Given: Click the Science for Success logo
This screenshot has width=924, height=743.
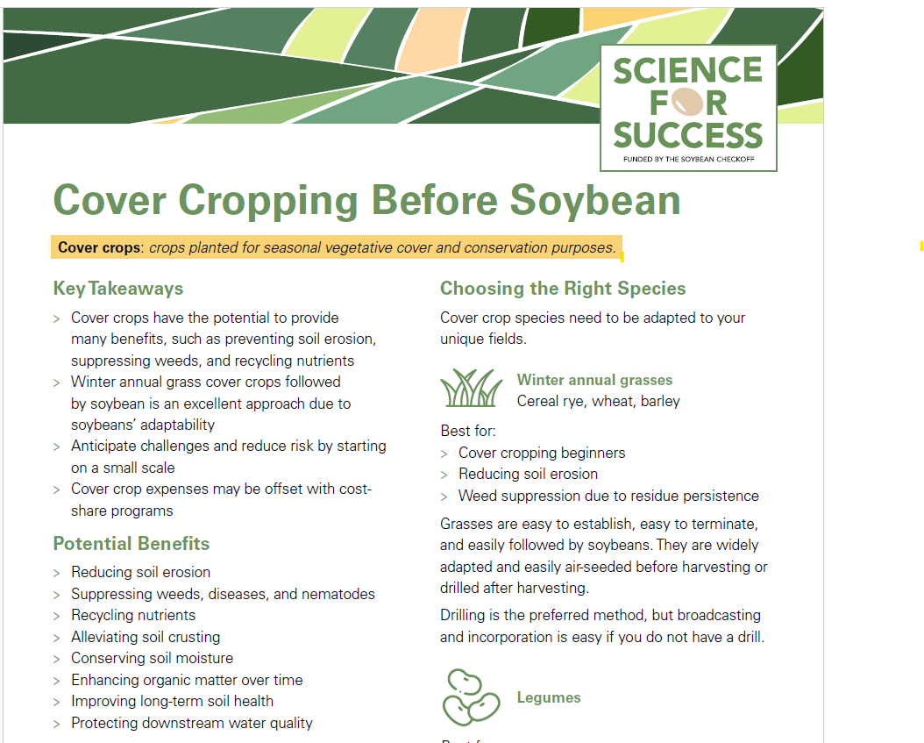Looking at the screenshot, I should tap(688, 106).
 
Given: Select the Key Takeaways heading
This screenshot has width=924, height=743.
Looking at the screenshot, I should tap(118, 289).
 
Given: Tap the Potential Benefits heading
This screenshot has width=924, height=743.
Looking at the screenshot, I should tap(131, 543).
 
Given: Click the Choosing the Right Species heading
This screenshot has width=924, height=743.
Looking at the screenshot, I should tap(563, 289).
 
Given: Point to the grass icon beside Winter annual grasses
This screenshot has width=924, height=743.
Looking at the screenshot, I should tap(471, 389).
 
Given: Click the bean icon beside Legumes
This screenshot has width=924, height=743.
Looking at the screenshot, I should tap(470, 697).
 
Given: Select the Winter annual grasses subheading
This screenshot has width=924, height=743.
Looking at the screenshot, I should tap(594, 380).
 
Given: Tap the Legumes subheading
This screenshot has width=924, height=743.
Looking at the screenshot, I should tap(549, 697).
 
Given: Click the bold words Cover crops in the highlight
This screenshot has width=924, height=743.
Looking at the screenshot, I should tap(99, 247).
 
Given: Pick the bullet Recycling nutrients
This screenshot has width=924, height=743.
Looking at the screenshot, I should tap(133, 615).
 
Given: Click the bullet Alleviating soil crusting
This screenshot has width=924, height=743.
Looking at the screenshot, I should tap(146, 637).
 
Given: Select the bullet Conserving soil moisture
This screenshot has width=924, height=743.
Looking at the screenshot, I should tap(152, 658).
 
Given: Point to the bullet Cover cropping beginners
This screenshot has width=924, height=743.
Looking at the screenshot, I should tap(542, 453).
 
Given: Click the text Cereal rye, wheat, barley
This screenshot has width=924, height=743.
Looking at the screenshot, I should tap(598, 401).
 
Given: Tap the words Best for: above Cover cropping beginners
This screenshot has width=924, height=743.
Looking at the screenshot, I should tap(468, 431).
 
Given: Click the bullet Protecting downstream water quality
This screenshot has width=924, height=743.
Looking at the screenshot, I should tap(191, 723).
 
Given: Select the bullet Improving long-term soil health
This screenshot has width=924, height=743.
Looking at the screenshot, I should tap(172, 701).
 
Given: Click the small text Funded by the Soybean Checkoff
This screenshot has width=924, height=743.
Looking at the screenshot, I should tap(688, 160).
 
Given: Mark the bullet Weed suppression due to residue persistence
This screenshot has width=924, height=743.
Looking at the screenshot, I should tap(608, 496).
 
